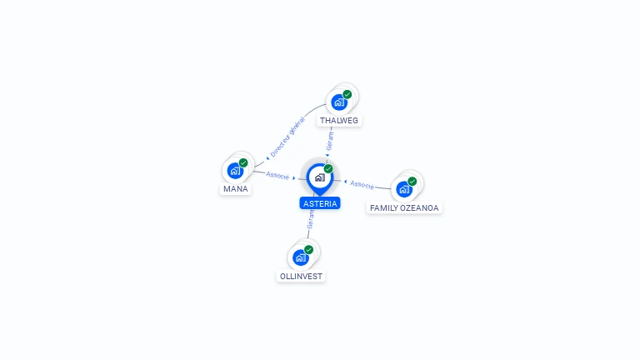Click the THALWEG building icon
tap(339, 102)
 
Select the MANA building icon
tap(236, 171)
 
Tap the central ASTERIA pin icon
tap(320, 179)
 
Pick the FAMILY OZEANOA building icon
tap(404, 189)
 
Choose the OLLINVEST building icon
tap(301, 258)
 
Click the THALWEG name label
tap(339, 120)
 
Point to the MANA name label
tap(236, 189)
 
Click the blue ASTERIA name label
tap(320, 203)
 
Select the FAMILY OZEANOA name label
tap(404, 207)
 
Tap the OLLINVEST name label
tap(301, 277)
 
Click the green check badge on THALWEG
tap(347, 95)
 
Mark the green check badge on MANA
tap(243, 162)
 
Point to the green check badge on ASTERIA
tap(328, 168)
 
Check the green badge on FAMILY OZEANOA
tap(412, 181)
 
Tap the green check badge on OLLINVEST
tap(308, 250)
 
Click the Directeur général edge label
tap(287, 137)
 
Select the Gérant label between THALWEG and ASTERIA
tap(330, 141)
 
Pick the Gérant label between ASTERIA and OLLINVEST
tap(311, 219)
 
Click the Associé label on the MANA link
tap(277, 176)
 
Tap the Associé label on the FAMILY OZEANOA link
tap(362, 185)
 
